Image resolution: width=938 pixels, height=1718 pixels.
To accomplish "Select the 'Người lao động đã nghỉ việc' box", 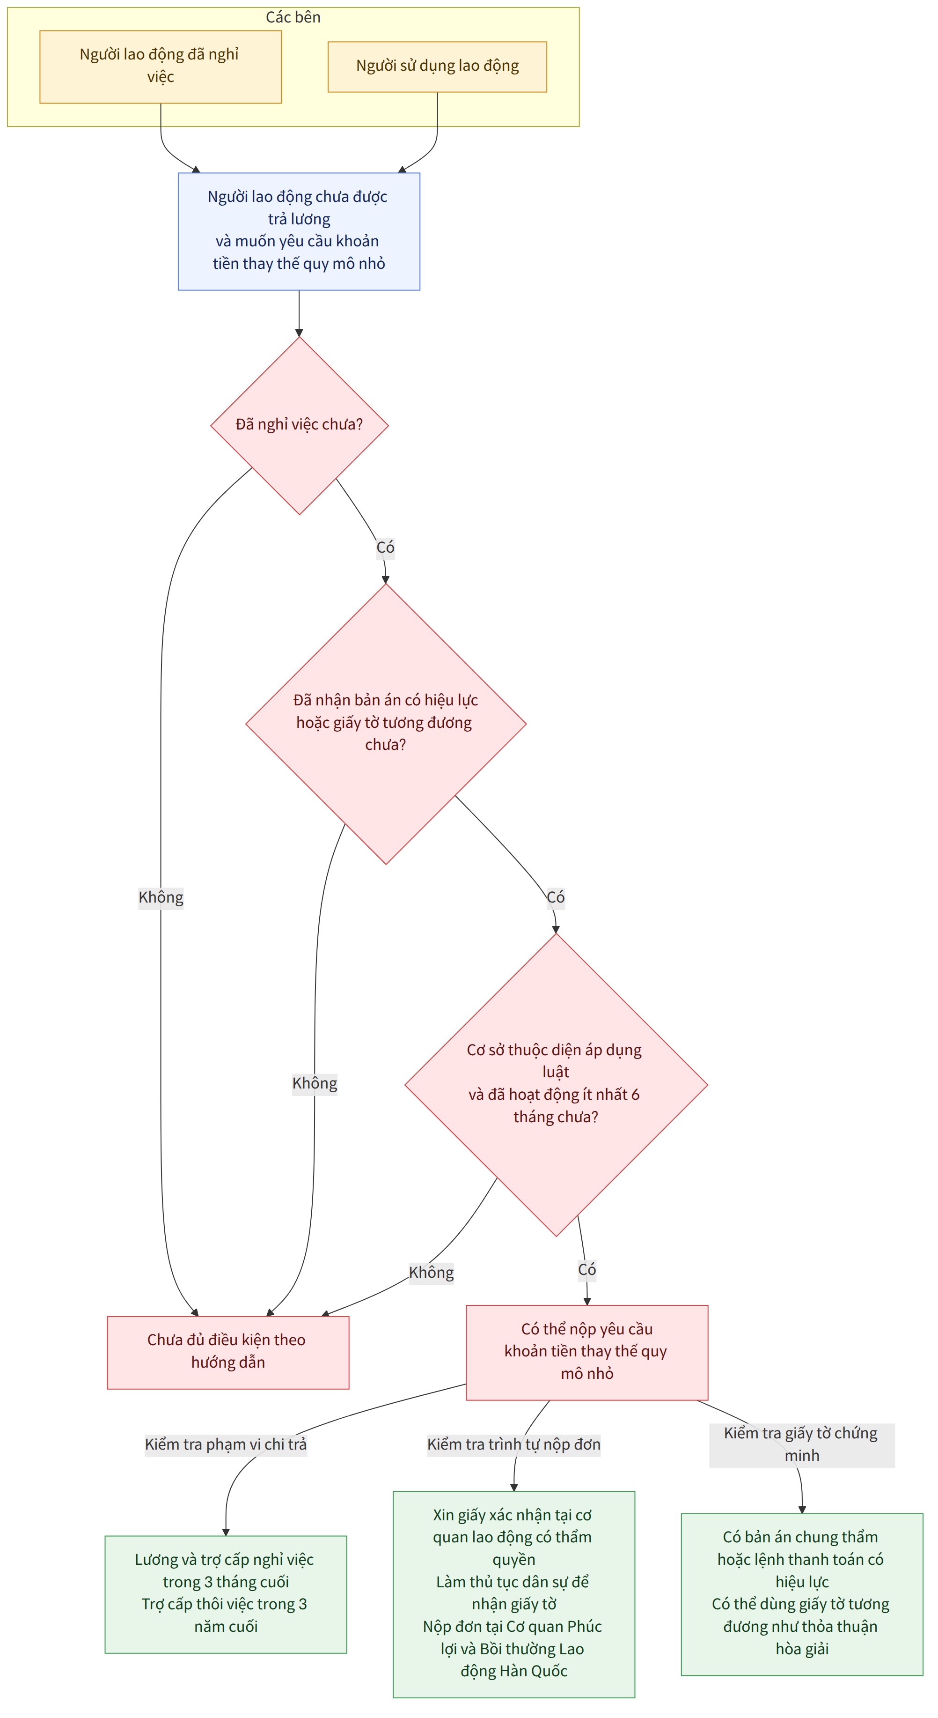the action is click(161, 67).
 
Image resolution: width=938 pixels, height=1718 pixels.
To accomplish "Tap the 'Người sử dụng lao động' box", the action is click(437, 67).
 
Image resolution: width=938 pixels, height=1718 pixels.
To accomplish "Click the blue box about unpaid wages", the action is click(299, 231).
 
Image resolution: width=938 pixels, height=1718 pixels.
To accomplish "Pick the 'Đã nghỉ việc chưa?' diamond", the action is click(300, 425).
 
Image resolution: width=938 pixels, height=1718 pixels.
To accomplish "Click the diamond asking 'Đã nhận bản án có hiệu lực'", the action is click(386, 724).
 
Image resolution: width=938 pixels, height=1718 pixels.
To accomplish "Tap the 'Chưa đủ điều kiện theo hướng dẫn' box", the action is click(228, 1353).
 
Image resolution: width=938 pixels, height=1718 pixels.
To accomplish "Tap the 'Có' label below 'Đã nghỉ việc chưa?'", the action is click(385, 548).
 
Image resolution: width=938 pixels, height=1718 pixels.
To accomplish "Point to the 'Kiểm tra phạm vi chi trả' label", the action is click(226, 1444).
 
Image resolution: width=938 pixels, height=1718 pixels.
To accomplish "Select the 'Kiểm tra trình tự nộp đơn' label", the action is click(514, 1444).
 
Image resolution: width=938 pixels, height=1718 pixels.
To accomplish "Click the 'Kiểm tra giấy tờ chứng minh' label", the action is click(802, 1444).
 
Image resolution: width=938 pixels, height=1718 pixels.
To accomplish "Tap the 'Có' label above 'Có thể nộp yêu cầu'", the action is click(586, 1270).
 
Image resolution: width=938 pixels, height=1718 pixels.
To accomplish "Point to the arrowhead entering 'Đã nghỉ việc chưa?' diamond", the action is click(300, 333).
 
